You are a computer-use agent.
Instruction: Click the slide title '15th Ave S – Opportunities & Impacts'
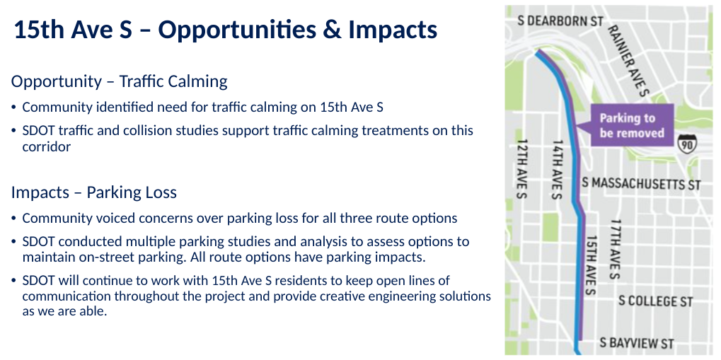225,30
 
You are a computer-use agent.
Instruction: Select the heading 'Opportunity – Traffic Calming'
119,81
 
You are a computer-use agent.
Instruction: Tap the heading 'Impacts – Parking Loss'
93,192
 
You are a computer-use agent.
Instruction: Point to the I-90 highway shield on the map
686,144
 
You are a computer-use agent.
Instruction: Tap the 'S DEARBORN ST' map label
562,21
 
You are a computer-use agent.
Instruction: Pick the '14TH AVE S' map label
557,168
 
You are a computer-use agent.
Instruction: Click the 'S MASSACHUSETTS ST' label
641,184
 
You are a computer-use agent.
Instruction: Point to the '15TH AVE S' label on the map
592,265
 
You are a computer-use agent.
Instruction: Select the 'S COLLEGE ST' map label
655,301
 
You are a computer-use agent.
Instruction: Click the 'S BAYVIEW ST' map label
637,344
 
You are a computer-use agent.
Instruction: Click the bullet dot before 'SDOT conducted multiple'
14,243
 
